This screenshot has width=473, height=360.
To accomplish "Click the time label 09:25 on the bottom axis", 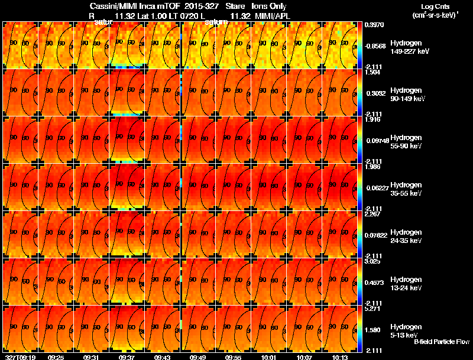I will [56, 357].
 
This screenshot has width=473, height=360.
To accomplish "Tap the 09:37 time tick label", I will [127, 357].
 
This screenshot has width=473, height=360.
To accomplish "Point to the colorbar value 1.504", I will [372, 72].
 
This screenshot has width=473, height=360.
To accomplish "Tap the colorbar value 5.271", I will [372, 309].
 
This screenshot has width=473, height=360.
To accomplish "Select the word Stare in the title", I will [235, 6].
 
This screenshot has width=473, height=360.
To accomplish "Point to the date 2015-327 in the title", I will [202, 6].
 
